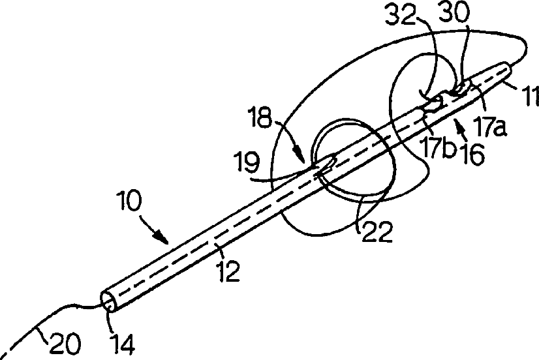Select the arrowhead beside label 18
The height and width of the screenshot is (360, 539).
[x=303, y=158]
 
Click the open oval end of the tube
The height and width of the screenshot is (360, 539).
[x=108, y=301]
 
